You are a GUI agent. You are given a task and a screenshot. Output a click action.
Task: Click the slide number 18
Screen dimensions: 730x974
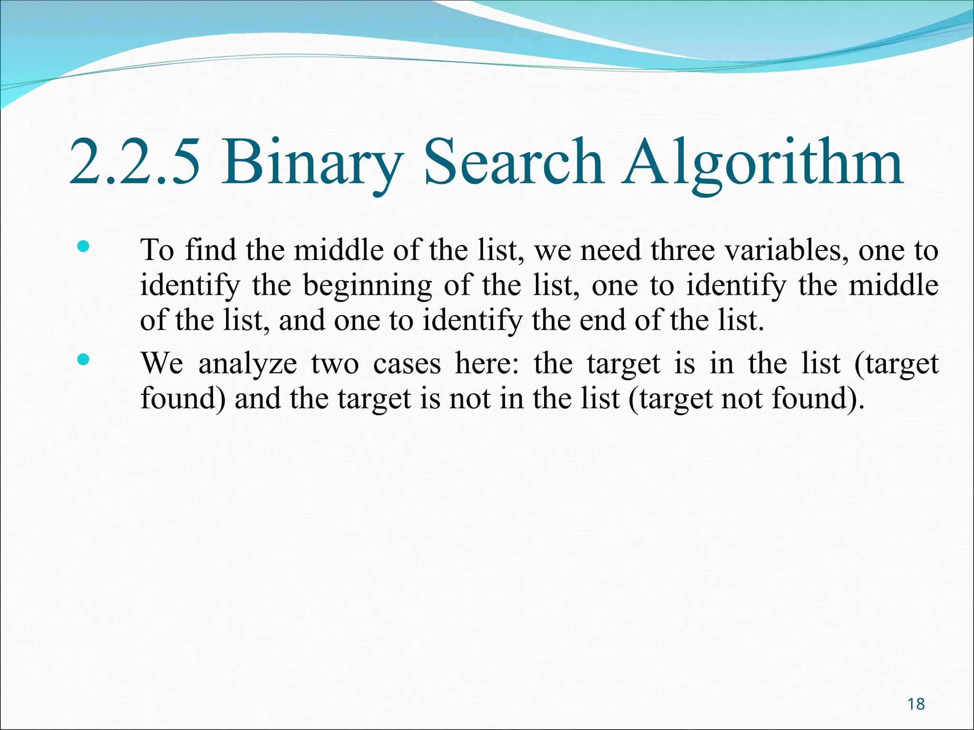click(916, 704)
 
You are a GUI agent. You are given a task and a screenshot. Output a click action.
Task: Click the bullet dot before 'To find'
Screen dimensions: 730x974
click(83, 246)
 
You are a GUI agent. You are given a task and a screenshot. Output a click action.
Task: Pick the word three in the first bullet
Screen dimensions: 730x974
click(682, 250)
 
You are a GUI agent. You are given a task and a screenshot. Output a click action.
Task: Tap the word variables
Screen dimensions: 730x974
click(787, 250)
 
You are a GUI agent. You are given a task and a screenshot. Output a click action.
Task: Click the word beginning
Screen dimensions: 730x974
click(367, 286)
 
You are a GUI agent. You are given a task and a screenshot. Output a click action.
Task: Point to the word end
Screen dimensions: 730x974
click(601, 320)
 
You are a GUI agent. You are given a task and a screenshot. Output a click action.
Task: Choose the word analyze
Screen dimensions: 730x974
click(247, 364)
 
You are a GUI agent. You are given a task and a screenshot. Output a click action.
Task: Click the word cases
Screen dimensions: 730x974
click(407, 364)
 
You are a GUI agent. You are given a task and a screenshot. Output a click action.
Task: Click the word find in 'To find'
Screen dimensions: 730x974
click(211, 250)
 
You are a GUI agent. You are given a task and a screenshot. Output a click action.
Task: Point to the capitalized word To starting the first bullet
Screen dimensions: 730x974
click(157, 250)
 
